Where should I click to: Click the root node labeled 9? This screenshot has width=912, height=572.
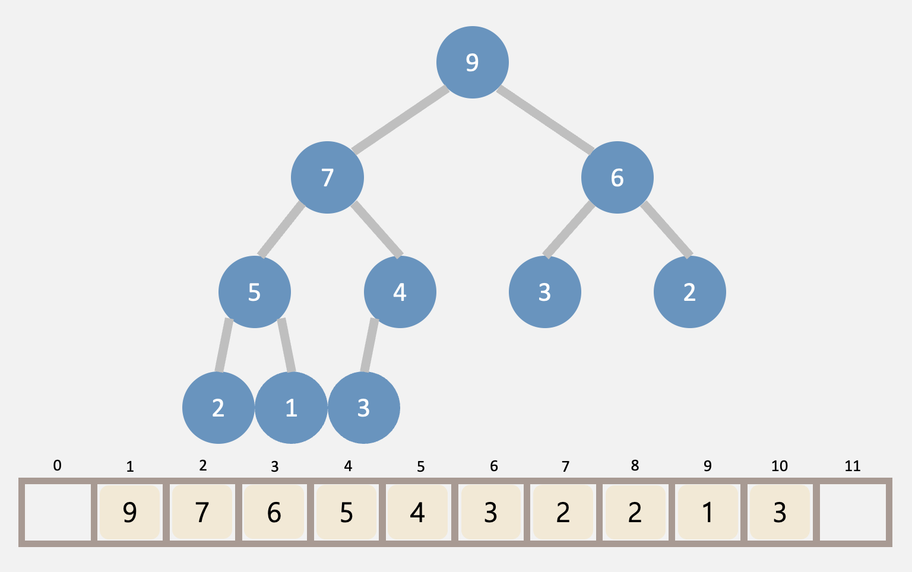click(472, 62)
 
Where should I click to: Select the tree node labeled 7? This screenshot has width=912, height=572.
click(327, 177)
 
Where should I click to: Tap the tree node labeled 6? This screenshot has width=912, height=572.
click(617, 177)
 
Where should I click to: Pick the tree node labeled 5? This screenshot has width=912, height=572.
click(255, 292)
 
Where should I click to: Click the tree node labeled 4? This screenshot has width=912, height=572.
click(400, 292)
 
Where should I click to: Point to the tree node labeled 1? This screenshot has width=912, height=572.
click(291, 408)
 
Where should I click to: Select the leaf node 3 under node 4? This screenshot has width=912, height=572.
click(363, 408)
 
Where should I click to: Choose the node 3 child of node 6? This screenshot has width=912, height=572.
click(544, 292)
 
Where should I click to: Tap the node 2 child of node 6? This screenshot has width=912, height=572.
click(689, 292)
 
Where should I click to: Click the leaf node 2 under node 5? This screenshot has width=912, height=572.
click(218, 408)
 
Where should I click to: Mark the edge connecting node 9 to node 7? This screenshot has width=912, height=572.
click(400, 119)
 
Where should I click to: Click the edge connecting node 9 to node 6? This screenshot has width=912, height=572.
click(545, 119)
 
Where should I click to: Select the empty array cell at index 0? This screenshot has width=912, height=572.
click(58, 512)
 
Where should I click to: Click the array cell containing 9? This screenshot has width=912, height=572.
click(130, 512)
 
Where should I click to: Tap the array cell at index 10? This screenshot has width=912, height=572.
click(780, 512)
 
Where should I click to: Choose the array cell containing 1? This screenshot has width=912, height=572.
click(707, 512)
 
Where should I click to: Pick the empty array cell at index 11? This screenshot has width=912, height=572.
click(853, 512)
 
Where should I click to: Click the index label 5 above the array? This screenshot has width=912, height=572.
click(420, 467)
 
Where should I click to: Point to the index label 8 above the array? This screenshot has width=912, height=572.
click(635, 466)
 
